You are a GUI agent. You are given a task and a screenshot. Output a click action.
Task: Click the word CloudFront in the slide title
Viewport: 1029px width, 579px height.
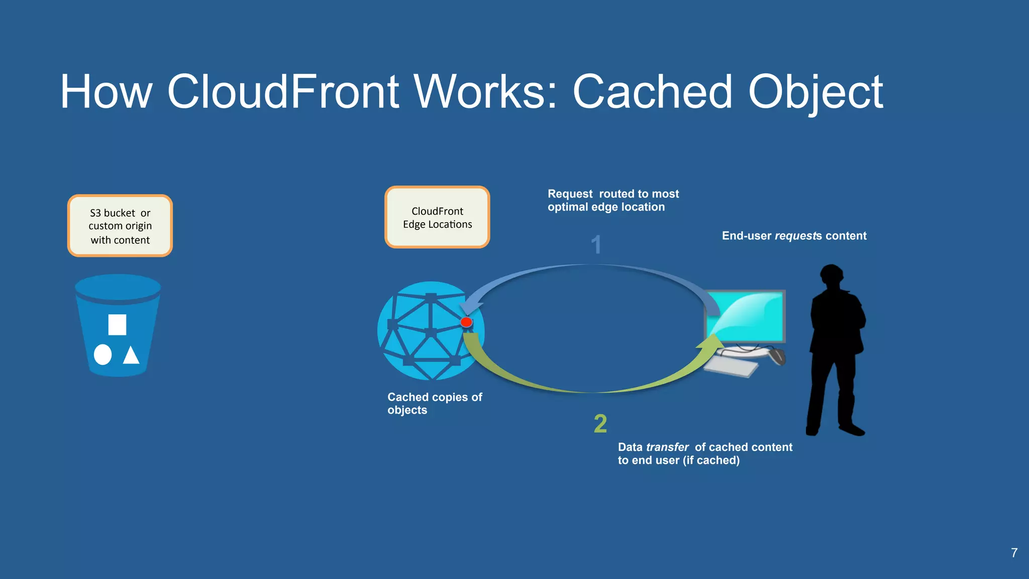coord(283,91)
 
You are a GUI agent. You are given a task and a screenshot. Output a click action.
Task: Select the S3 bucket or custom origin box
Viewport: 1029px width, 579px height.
coord(120,226)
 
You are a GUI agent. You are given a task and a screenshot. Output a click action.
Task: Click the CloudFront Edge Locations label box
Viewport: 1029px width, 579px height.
coord(437,217)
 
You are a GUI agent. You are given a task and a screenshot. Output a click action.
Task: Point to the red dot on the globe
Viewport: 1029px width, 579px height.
coord(466,322)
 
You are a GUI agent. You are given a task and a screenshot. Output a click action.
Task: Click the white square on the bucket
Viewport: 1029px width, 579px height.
coord(117,325)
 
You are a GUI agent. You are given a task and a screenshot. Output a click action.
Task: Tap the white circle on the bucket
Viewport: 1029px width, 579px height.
coord(102,355)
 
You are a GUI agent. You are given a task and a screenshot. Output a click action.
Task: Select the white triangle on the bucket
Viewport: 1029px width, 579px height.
coord(131,355)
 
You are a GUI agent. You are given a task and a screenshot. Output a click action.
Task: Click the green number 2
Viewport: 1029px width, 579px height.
coord(600,423)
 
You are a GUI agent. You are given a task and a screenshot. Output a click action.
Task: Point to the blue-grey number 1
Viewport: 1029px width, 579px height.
coord(596,245)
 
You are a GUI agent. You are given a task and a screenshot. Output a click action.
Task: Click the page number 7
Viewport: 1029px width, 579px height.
coord(1014,553)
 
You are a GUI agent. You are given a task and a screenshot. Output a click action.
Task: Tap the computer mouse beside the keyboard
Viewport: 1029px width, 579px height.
coord(777,356)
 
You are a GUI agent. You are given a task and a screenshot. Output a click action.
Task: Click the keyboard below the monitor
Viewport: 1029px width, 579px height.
coord(731,366)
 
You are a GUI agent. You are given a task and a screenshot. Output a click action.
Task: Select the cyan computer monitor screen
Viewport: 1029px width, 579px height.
coord(746,317)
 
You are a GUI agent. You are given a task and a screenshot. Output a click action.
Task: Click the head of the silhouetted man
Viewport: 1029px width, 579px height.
coord(832,276)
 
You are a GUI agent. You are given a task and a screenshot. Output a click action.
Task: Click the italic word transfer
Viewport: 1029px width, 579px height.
coord(667,447)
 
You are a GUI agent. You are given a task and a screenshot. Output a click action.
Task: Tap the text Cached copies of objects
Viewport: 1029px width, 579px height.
coord(434,403)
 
